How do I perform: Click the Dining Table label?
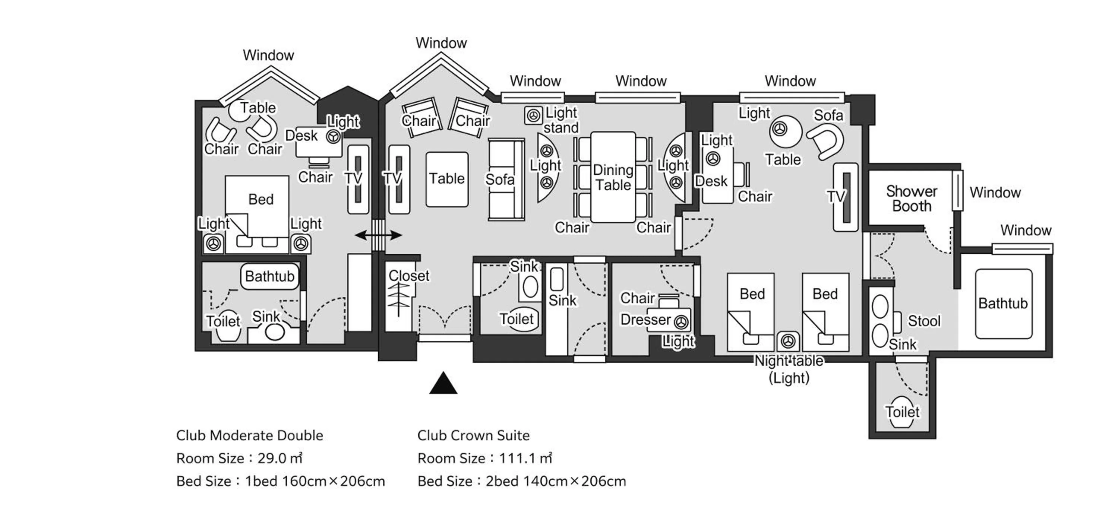point(613,177)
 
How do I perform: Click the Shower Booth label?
point(912,199)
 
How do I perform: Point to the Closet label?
point(408,276)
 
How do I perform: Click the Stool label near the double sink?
point(924,321)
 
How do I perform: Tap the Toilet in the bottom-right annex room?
point(902,412)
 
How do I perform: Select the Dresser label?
point(645,320)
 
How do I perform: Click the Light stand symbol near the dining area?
point(533,115)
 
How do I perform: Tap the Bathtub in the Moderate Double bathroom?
point(269,276)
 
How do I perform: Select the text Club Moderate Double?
point(250,435)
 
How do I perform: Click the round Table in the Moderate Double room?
point(240,111)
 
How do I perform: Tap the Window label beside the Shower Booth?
point(995,193)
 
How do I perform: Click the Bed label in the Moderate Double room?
point(261,200)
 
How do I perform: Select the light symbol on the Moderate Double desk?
point(333,137)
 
